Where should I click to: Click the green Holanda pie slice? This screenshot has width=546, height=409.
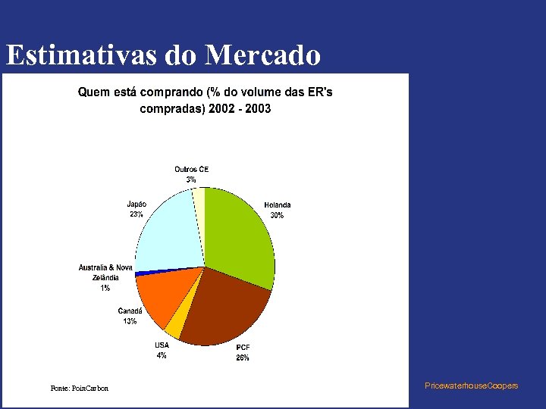tap(239, 235)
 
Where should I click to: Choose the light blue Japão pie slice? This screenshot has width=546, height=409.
tap(167, 231)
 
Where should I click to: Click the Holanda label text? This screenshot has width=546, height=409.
tap(278, 205)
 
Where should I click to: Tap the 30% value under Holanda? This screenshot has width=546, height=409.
tap(278, 215)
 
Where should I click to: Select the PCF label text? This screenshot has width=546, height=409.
tap(243, 348)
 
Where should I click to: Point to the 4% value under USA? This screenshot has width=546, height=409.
tap(162, 355)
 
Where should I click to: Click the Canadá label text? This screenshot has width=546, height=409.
tap(130, 311)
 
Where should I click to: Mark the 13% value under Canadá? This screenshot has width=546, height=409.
tap(130, 321)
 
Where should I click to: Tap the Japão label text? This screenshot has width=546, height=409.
tap(136, 204)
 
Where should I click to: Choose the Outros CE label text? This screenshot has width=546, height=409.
tap(191, 169)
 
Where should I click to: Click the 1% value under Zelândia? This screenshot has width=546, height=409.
tap(105, 288)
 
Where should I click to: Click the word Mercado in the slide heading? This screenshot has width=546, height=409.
tap(262, 55)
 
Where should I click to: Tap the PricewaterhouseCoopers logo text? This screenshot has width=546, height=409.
tap(472, 386)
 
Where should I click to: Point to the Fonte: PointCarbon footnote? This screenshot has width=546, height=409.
tap(80, 389)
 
